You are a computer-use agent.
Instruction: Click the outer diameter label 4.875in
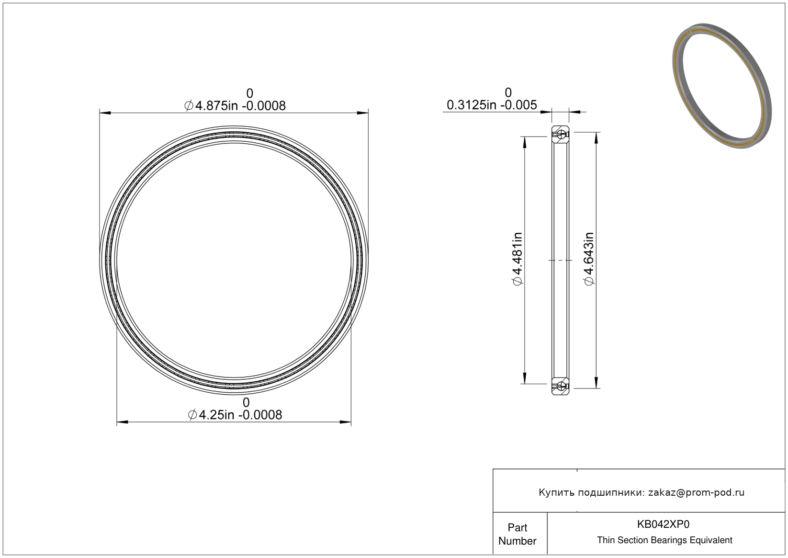216,106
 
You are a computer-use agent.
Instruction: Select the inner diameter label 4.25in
216,415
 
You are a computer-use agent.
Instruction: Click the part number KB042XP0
664,524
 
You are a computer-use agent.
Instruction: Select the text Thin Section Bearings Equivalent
664,540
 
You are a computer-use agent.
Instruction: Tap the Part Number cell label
518,534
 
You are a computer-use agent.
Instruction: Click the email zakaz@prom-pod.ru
696,492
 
